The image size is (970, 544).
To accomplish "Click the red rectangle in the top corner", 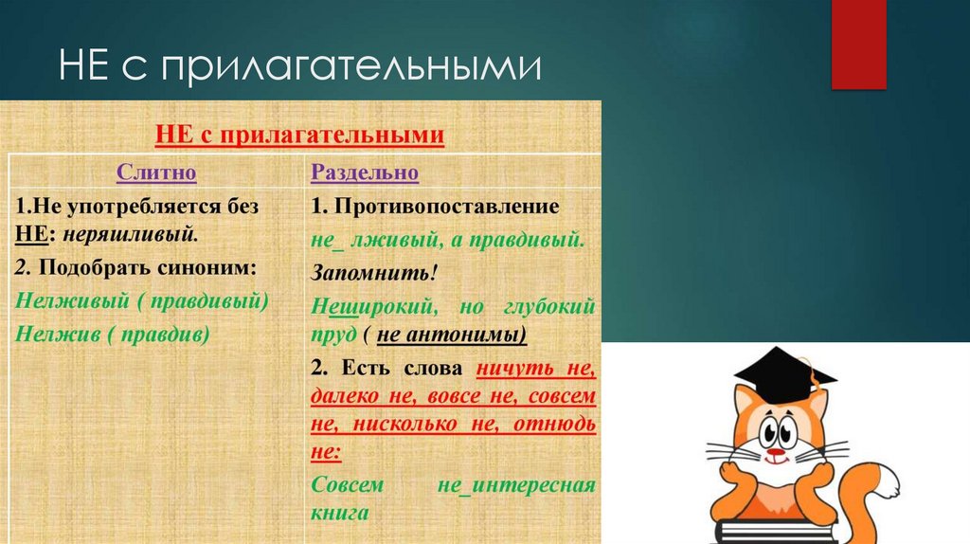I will click(858, 44).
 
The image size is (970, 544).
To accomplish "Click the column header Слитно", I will click(156, 173).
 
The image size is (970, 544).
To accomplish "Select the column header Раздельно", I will click(365, 173).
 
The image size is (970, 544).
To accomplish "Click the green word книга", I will click(338, 513).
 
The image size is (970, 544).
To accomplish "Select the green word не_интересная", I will click(515, 485).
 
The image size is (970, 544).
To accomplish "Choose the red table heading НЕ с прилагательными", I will click(299, 136).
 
